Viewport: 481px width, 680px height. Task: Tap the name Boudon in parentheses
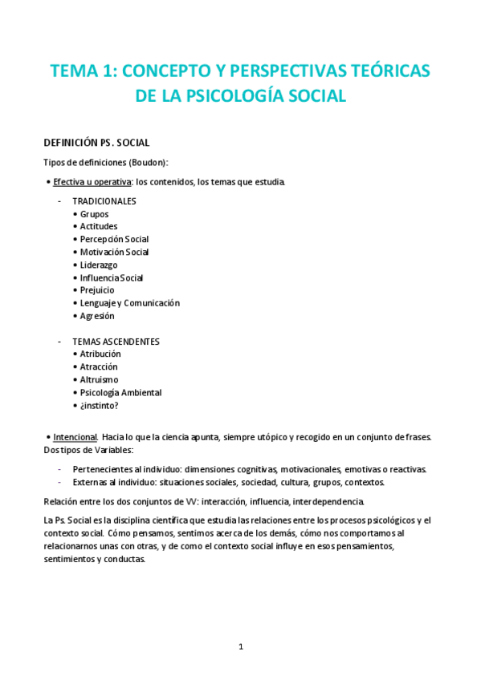tap(145, 163)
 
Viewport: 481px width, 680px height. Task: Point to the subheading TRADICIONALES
tap(104, 201)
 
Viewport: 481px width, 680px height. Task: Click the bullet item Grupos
tap(94, 214)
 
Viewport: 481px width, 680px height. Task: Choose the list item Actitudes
tap(98, 227)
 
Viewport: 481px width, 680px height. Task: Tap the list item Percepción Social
tap(114, 240)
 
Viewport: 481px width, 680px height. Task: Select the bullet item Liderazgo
tap(98, 265)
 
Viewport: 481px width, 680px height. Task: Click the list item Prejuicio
tap(97, 290)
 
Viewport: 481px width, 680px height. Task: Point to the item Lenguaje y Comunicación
tap(129, 303)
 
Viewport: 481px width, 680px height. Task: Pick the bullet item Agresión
tap(97, 316)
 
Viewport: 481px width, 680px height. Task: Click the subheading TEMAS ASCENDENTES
tap(116, 342)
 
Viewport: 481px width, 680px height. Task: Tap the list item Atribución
tap(100, 354)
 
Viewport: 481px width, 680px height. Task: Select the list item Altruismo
tap(99, 379)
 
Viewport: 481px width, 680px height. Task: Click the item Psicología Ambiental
tap(120, 393)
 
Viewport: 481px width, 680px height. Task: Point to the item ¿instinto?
tap(99, 406)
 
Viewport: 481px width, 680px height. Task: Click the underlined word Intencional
tap(75, 437)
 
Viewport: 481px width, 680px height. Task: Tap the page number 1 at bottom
tap(240, 646)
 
